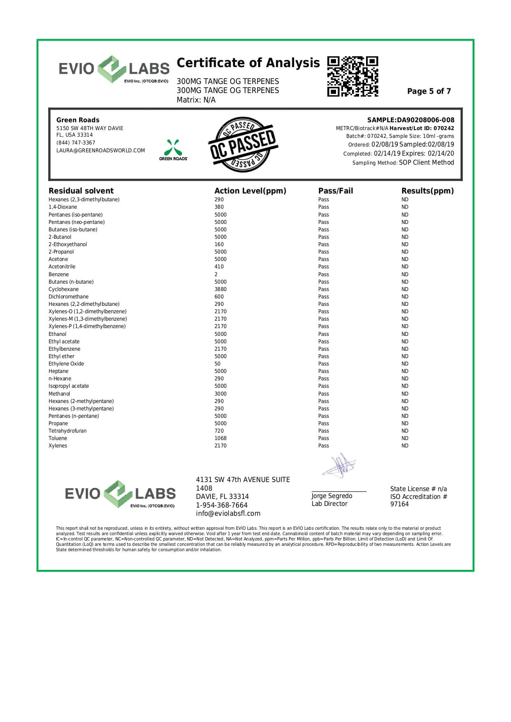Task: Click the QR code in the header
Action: click(352, 77)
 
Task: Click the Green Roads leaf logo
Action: click(173, 148)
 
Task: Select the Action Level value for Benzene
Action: click(216, 275)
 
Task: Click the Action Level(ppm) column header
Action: click(250, 191)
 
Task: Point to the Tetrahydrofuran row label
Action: click(68, 431)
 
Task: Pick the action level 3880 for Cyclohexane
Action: click(220, 289)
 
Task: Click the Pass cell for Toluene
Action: click(323, 438)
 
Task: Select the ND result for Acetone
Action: click(405, 259)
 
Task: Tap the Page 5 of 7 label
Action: click(429, 91)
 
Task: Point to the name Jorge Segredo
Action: click(331, 496)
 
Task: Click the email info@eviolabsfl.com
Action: click(228, 514)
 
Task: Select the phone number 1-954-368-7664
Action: click(222, 505)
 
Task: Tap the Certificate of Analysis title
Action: click(248, 63)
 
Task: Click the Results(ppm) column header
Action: click(427, 191)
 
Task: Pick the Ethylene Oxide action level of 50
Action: click(217, 364)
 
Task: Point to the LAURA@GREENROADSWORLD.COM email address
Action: click(100, 151)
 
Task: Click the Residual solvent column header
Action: click(81, 191)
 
